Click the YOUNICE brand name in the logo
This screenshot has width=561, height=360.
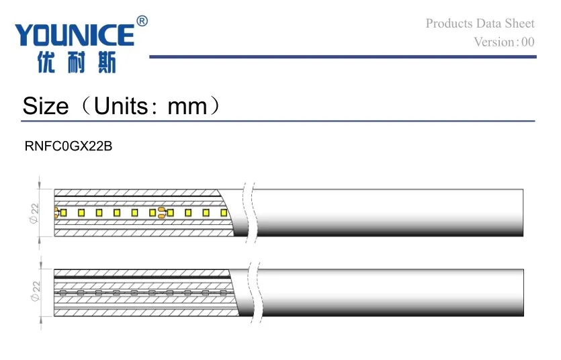(x=75, y=35)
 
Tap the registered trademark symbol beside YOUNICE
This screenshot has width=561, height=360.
(x=142, y=21)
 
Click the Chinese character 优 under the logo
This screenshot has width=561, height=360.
(x=46, y=63)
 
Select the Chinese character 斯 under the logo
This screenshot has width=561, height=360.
(x=107, y=63)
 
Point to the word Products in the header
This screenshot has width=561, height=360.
(x=449, y=24)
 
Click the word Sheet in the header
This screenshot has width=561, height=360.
(x=520, y=24)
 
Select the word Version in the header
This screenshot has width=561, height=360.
(x=494, y=42)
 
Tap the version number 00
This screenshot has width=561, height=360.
(x=527, y=42)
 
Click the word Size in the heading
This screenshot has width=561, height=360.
(x=46, y=106)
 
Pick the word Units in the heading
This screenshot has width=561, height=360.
(x=120, y=106)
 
